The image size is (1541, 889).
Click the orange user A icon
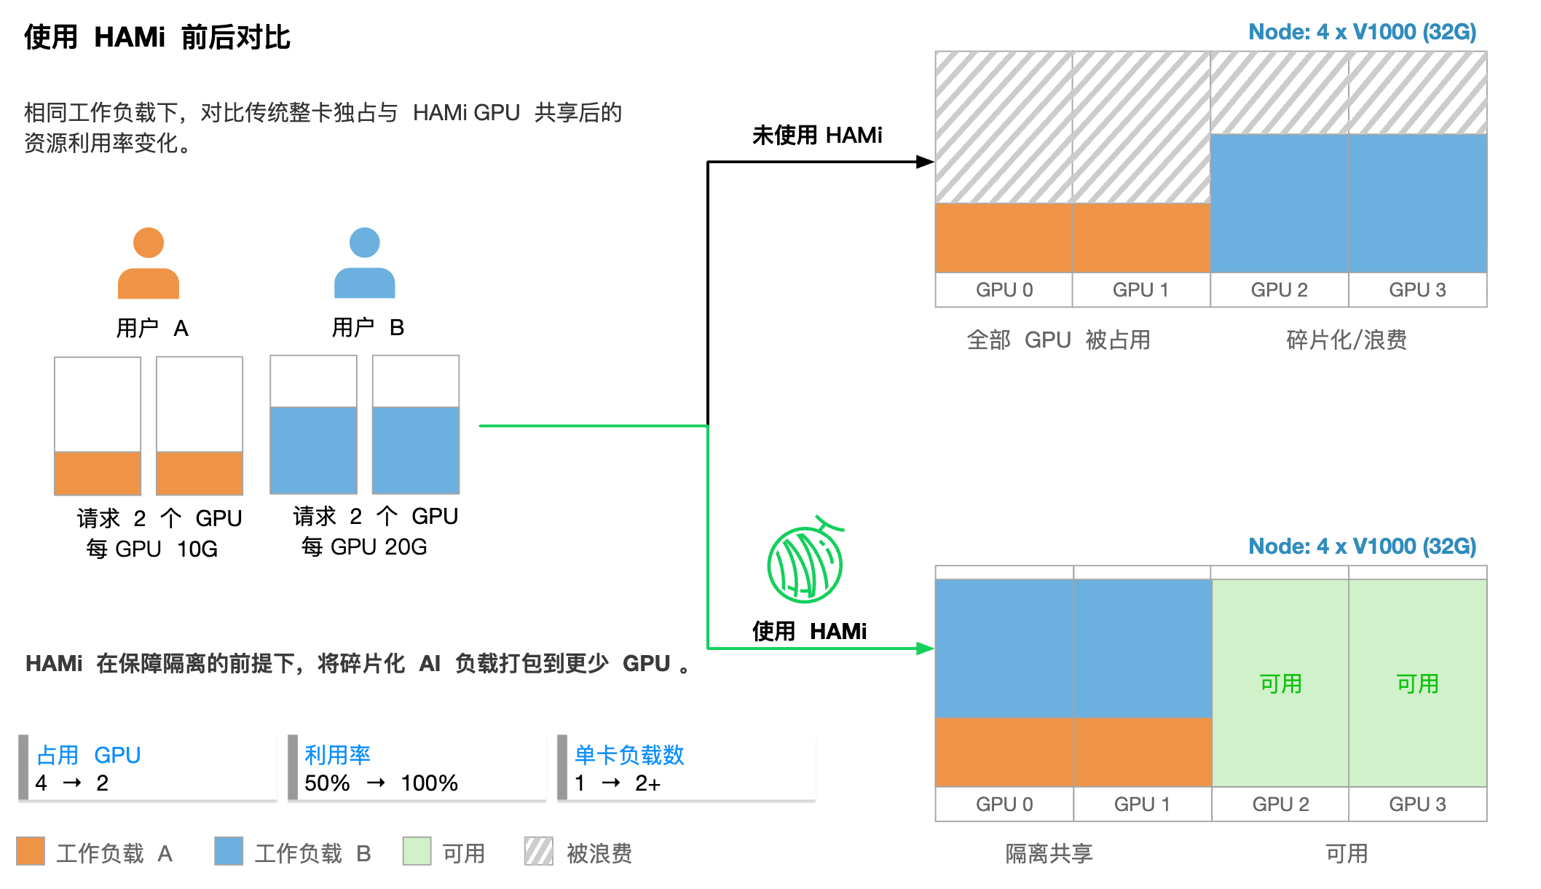(149, 263)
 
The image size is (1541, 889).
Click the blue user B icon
(364, 263)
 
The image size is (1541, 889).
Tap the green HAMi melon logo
(805, 563)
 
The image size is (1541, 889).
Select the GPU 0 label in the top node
(1004, 290)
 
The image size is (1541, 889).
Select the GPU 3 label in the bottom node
(1417, 804)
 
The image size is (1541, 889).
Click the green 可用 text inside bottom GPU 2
(1280, 684)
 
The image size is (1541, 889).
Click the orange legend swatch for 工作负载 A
(31, 851)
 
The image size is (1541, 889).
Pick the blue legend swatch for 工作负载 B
(229, 851)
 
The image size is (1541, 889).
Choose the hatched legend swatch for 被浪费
(539, 851)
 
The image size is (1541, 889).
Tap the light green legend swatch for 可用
(417, 851)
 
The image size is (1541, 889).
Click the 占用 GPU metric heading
(88, 755)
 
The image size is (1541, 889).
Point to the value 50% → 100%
(381, 783)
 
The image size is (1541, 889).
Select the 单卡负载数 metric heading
(629, 755)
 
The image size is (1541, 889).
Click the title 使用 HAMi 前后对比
(157, 37)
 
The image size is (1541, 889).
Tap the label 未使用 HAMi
(817, 136)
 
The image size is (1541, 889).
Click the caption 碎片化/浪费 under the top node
(1347, 340)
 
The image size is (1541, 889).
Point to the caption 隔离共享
(1049, 853)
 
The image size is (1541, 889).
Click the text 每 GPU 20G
(364, 547)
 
